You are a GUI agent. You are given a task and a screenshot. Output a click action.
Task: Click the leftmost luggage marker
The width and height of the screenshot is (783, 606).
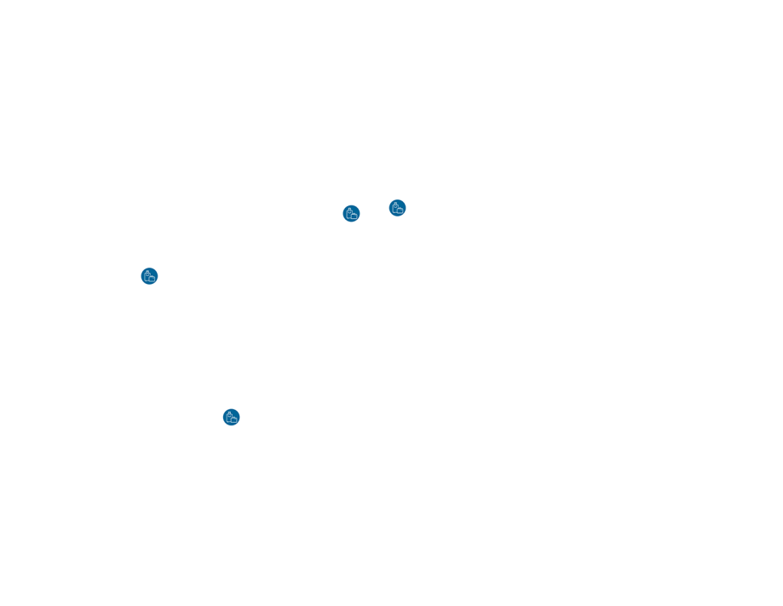(149, 276)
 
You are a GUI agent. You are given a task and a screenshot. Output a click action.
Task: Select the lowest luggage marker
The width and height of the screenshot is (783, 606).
(231, 417)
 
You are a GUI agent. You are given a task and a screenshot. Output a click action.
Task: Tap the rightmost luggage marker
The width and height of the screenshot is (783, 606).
(397, 208)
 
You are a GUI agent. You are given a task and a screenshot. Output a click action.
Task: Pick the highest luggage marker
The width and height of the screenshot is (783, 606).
(397, 208)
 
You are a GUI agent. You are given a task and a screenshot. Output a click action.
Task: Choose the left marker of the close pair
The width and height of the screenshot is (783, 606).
(351, 213)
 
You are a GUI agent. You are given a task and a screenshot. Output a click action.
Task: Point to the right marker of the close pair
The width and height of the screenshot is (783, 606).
(397, 208)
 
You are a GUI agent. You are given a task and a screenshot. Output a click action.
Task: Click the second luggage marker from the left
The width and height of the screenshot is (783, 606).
(231, 417)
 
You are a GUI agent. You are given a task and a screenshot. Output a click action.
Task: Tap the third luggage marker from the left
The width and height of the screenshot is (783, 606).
(351, 213)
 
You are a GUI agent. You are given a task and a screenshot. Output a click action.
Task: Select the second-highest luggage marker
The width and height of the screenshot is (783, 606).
(351, 213)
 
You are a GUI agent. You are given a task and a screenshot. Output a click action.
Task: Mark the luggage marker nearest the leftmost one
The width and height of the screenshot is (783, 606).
(231, 417)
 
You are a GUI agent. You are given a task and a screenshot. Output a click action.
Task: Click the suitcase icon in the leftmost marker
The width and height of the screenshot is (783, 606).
(149, 276)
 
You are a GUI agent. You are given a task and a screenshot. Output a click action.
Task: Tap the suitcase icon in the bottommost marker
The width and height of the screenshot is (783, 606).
(231, 417)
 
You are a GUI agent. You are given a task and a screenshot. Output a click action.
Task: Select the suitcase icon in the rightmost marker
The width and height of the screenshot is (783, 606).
(397, 208)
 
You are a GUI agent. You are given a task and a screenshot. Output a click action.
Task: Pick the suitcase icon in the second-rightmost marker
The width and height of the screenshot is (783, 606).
(351, 213)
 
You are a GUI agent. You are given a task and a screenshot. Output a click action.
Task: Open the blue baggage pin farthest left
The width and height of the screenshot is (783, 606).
(149, 276)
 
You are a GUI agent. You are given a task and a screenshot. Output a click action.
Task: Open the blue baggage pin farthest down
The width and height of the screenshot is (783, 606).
(231, 417)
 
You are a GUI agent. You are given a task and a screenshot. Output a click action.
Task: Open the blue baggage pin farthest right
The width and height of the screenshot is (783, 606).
(397, 208)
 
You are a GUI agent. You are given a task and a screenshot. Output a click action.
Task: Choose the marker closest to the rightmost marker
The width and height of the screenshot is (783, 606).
(351, 213)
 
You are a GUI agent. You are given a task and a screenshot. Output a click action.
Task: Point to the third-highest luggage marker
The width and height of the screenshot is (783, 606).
(149, 276)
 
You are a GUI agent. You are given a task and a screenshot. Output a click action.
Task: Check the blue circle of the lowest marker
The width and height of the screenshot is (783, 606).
(231, 417)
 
